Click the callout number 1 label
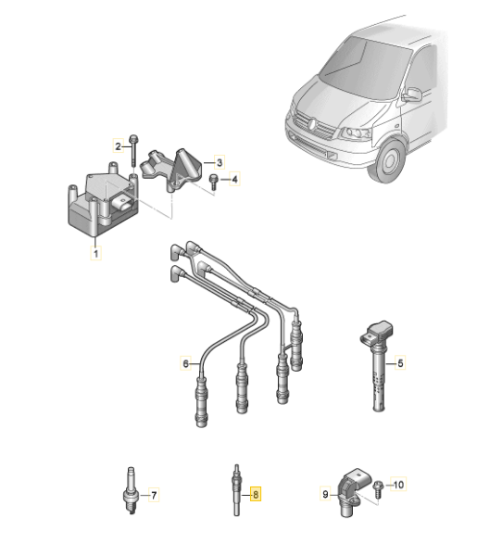(94, 250)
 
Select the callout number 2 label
(119, 145)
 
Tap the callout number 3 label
(220, 161)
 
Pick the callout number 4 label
(234, 179)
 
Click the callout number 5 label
(401, 364)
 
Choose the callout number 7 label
(154, 494)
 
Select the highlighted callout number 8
(257, 494)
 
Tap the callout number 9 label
(326, 495)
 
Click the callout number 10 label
(399, 484)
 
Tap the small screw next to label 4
(213, 180)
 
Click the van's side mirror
(410, 95)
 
